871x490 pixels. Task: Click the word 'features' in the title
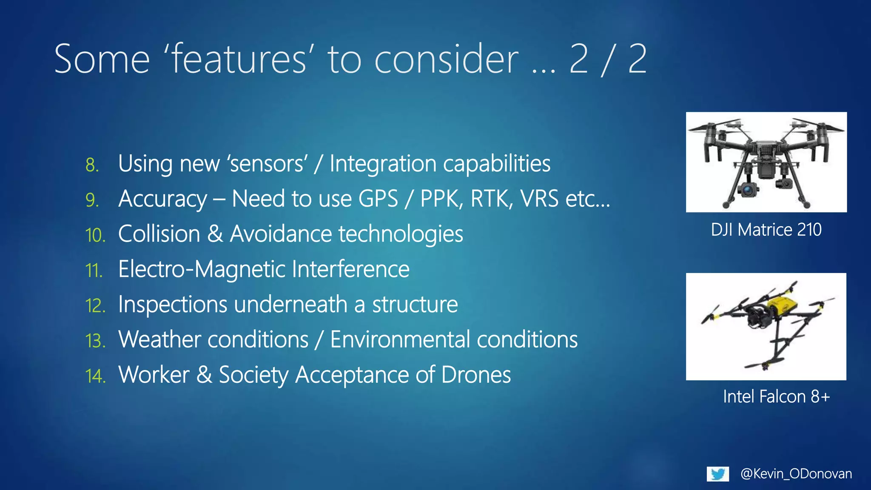tap(239, 59)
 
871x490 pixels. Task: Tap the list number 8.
tap(92, 165)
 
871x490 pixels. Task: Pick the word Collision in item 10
tap(159, 234)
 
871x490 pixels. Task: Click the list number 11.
tap(94, 271)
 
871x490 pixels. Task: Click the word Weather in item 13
tap(159, 339)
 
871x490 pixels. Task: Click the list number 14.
tap(95, 376)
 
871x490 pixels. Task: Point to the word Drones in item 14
tap(476, 375)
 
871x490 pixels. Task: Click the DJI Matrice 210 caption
tap(766, 230)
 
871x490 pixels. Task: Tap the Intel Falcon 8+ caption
tap(776, 396)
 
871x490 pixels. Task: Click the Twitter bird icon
tap(718, 474)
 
